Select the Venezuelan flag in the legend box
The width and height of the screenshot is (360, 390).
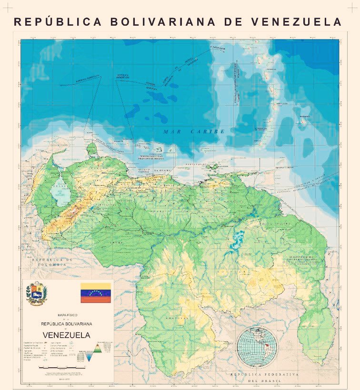(95, 293)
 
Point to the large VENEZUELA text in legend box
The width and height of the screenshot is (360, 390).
(67, 335)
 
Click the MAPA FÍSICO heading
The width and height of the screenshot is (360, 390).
(67, 315)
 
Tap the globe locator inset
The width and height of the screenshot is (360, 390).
(257, 346)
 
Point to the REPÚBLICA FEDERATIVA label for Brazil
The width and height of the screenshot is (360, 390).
(265, 375)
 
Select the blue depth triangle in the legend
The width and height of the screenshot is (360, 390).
(89, 357)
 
